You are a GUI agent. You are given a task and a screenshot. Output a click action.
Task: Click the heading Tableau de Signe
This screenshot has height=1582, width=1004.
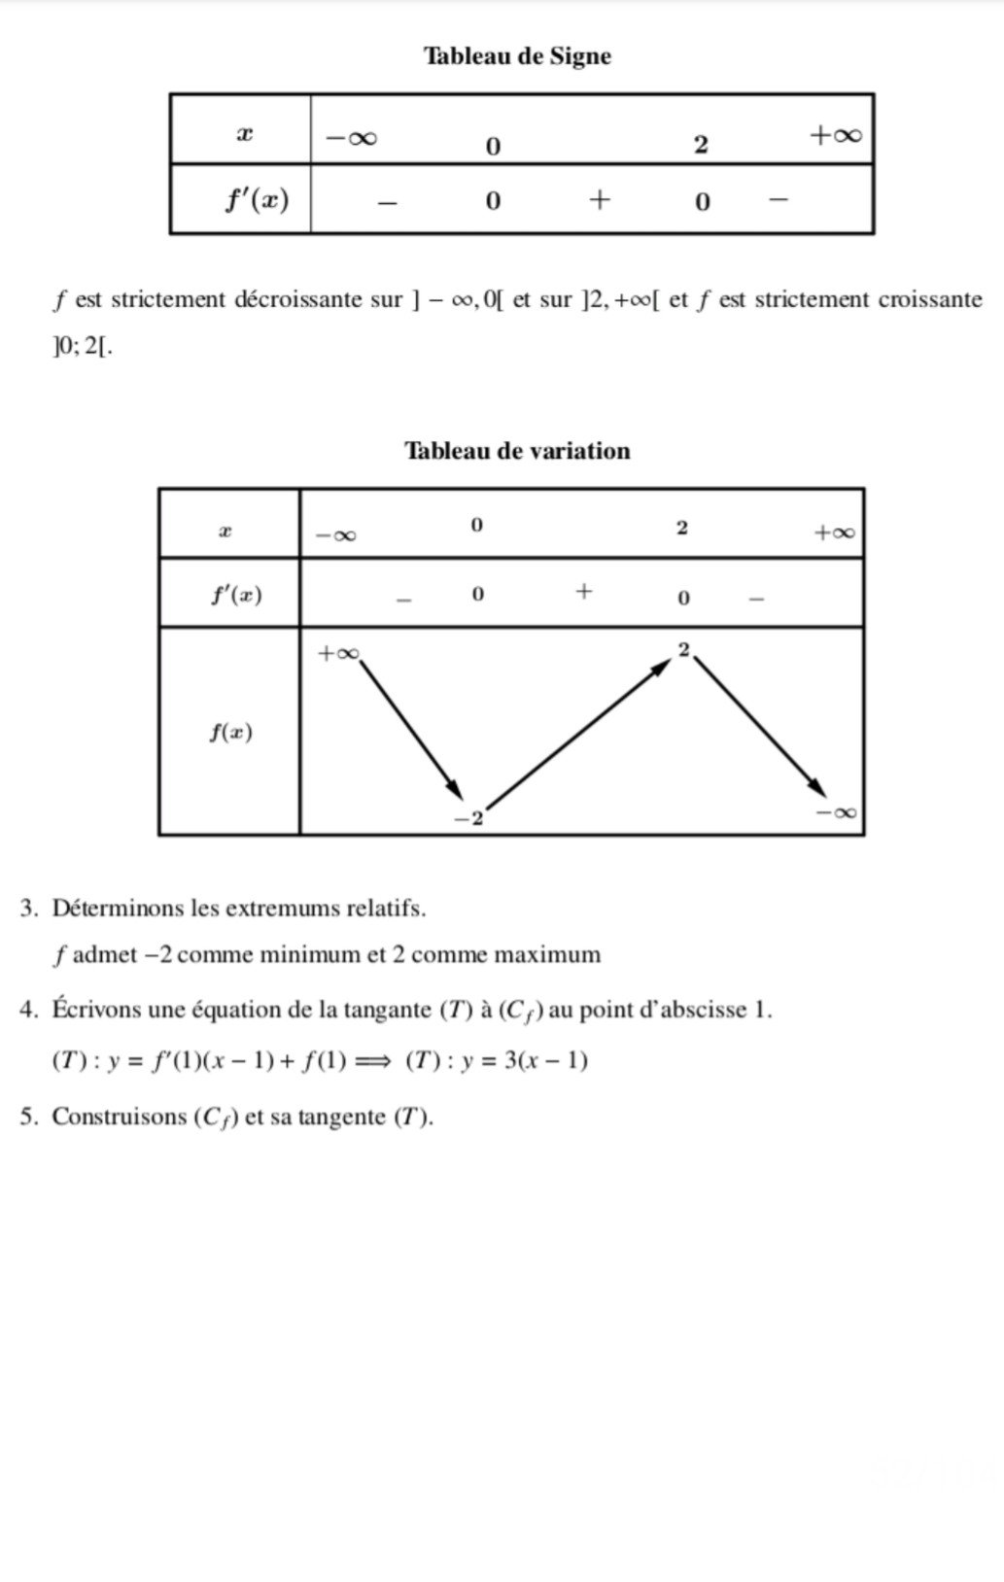point(517,56)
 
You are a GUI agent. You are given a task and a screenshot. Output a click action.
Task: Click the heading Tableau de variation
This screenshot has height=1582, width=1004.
point(517,451)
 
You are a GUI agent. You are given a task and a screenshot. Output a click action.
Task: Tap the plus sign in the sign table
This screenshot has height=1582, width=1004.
point(600,200)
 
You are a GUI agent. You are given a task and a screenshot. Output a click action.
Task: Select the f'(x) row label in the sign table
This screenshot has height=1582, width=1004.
point(257,199)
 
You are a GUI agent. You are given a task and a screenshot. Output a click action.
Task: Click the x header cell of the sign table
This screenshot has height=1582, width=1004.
point(245,134)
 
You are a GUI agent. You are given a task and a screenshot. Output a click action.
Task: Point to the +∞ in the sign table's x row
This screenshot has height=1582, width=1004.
point(836,135)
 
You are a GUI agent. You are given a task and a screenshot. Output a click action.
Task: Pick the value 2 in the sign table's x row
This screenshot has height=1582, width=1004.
point(701,146)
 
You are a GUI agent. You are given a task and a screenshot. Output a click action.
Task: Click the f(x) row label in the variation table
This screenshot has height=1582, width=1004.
point(231,732)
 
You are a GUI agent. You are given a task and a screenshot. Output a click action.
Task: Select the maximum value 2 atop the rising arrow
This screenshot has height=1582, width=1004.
point(683,650)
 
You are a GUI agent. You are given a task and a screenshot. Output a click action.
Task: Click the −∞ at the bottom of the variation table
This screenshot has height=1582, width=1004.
point(837,811)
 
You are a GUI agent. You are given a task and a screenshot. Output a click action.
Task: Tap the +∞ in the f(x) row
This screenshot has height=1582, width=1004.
point(338,654)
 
